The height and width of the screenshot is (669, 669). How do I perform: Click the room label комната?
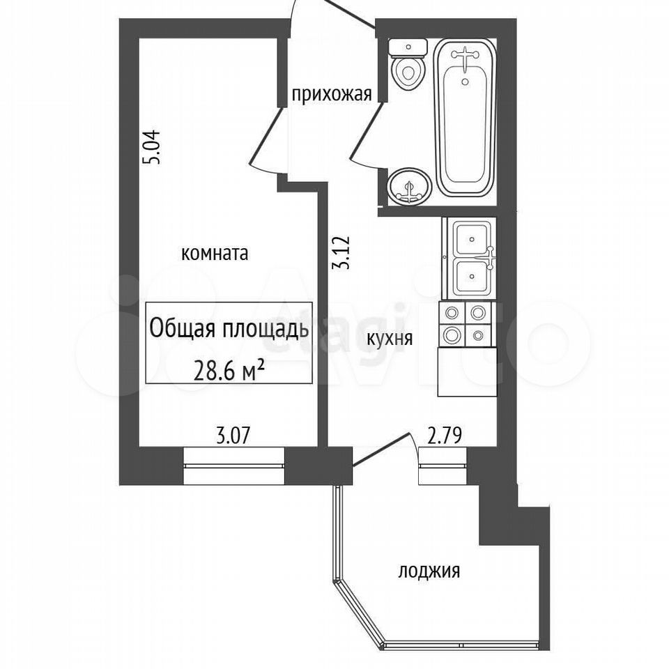click(x=215, y=254)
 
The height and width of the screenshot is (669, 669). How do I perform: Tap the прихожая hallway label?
click(x=332, y=94)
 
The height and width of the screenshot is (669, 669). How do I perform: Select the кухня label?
click(x=390, y=339)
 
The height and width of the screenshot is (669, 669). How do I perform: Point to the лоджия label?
click(x=429, y=571)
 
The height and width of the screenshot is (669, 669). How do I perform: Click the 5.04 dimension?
click(x=152, y=147)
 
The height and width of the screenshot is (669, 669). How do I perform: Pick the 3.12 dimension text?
click(x=341, y=252)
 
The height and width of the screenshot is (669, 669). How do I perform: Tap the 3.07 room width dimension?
click(x=232, y=437)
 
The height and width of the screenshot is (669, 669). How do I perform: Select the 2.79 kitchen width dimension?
click(x=445, y=437)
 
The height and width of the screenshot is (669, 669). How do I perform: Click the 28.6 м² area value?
click(x=229, y=371)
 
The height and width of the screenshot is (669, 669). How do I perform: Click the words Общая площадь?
click(x=229, y=328)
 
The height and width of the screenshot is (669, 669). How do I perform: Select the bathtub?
click(x=465, y=118)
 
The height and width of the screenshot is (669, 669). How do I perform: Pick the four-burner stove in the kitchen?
click(x=465, y=324)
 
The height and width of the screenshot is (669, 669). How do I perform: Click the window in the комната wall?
click(x=234, y=466)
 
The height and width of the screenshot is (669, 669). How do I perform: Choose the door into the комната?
click(x=267, y=139)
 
